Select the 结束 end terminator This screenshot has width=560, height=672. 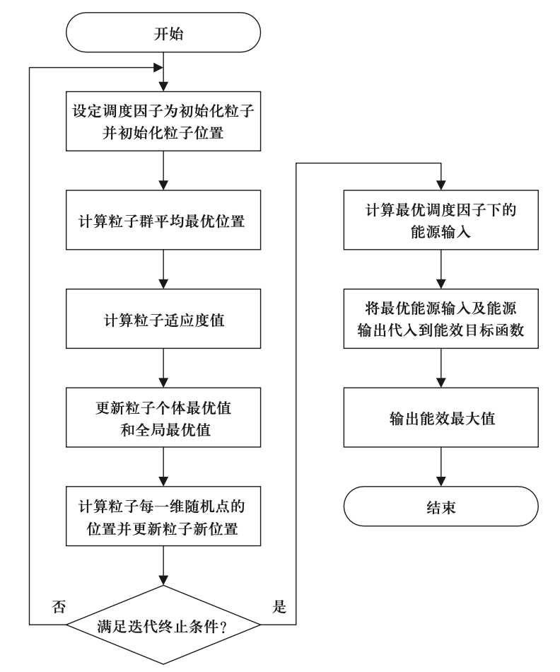tap(441, 506)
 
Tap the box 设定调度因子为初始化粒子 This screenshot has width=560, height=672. tap(163, 122)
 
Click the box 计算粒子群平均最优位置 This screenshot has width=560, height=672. tap(163, 220)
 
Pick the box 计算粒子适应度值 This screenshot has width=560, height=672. tap(163, 318)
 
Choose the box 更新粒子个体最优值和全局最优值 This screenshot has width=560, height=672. tap(163, 417)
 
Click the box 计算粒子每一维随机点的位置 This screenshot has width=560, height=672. tap(163, 516)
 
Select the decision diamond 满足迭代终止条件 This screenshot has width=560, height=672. tap(163, 625)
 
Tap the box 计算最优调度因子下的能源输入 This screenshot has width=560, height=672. tap(441, 220)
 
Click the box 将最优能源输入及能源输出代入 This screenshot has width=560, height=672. tap(441, 319)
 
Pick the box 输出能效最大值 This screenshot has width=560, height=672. tap(441, 417)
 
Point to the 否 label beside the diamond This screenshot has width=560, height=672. tap(60, 607)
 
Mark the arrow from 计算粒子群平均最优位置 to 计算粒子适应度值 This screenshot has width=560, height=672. tap(163, 269)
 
